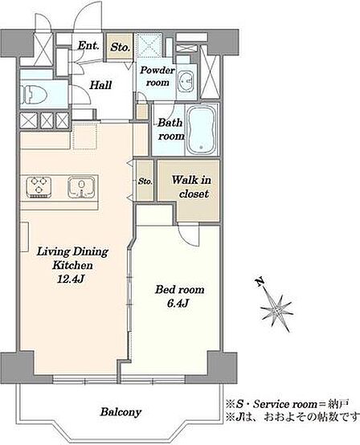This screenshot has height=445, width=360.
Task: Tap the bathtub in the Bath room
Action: click(201, 130)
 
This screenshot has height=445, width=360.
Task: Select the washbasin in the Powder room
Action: click(186, 82)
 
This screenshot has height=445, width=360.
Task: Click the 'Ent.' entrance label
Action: click(88, 46)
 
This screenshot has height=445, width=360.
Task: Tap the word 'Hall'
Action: click(100, 85)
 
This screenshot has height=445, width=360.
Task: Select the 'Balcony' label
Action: click(121, 412)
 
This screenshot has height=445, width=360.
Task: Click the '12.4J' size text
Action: click(71, 280)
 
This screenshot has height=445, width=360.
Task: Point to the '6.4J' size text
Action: click(178, 304)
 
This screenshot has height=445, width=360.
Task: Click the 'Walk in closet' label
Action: click(191, 186)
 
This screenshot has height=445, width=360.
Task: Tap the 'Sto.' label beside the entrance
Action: click(120, 47)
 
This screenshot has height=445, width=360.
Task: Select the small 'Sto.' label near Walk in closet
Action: click(145, 182)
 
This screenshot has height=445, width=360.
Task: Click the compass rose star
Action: click(276, 312)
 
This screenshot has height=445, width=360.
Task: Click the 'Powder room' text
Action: click(157, 76)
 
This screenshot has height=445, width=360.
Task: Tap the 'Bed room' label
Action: click(180, 290)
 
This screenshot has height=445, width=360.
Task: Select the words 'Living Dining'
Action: click(72, 252)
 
